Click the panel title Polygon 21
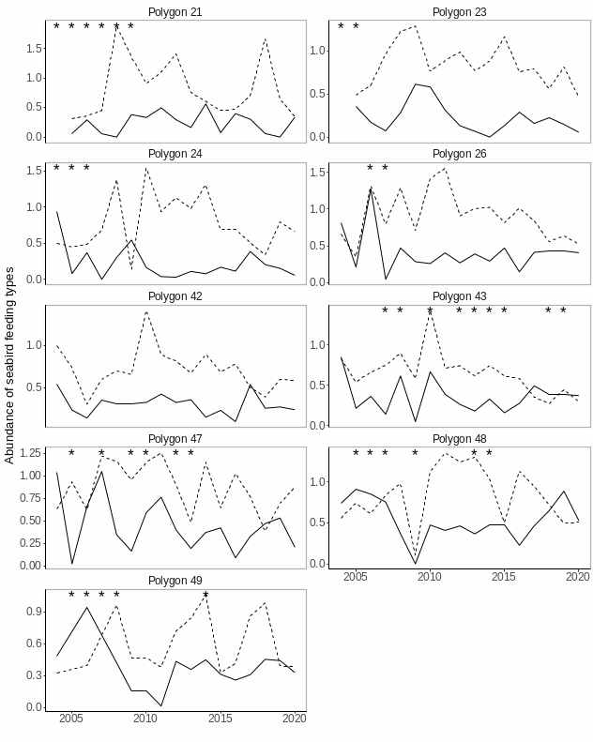tap(175, 12)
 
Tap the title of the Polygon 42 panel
tap(175, 296)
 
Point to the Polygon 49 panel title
tap(175, 581)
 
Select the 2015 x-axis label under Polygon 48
tap(504, 576)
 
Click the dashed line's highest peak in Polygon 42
tap(146, 311)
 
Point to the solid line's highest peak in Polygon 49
tap(87, 607)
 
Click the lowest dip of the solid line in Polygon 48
tap(416, 564)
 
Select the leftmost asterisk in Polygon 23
tap(341, 27)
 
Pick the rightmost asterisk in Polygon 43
tap(563, 311)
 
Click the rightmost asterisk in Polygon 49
tap(205, 596)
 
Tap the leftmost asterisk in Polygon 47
tap(71, 454)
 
